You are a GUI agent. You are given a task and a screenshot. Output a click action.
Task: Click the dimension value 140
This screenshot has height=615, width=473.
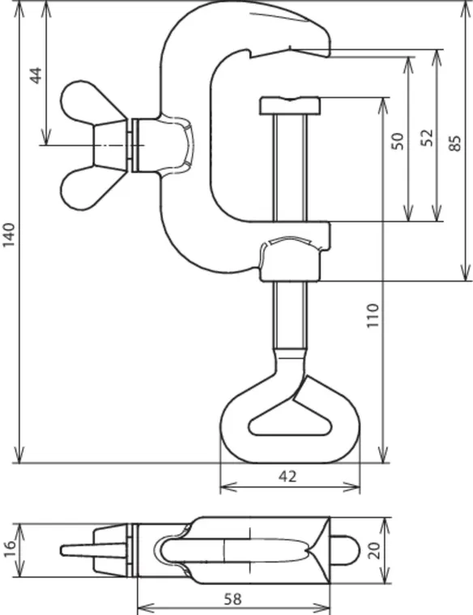coord(9,235)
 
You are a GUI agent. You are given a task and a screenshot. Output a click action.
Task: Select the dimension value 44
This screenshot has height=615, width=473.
coord(36,75)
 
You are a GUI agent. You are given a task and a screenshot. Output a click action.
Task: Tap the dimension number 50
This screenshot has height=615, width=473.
coord(398,141)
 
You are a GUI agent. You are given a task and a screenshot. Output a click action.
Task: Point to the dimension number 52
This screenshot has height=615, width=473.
coord(427,138)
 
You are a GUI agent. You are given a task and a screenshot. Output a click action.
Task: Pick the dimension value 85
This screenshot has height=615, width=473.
coord(455,143)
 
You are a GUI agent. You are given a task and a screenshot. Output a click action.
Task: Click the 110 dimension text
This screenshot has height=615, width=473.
coord(373,316)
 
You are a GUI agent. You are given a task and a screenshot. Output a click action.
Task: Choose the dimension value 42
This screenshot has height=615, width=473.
coord(288,476)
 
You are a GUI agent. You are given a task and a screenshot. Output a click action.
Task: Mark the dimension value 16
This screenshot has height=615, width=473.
coord(9,549)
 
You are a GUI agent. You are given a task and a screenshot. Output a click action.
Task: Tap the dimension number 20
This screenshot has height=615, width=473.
coord(374,550)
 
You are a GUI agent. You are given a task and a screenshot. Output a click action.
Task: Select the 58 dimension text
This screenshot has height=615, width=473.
coord(233,599)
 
